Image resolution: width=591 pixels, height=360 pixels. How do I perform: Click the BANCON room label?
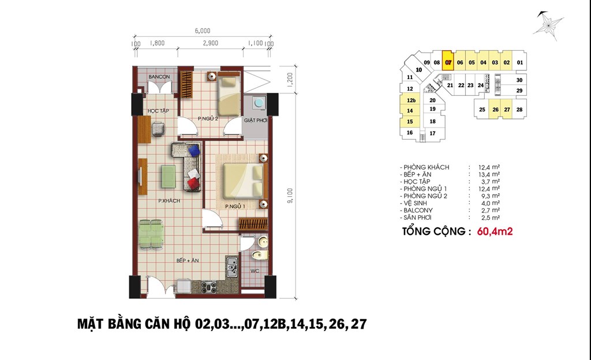pos(159,77)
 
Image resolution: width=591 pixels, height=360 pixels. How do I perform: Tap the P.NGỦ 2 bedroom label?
pos(208,119)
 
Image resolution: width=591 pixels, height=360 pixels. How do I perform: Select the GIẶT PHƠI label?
pos(256,120)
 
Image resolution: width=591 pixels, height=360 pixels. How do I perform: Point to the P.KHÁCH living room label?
pos(169,201)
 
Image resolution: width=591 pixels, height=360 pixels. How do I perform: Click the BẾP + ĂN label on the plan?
pos(188,260)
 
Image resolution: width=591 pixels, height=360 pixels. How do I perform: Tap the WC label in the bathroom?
pos(255,271)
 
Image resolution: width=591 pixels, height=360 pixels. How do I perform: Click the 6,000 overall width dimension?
pos(203,31)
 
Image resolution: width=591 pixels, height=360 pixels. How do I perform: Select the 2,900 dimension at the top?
pos(210,43)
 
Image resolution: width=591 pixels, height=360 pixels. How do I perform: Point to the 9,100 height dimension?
pos(290,196)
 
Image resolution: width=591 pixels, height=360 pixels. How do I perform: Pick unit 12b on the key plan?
pos(411,100)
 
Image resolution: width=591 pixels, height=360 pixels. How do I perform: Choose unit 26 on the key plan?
pos(495,110)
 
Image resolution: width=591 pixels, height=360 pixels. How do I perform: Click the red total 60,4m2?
pos(495,231)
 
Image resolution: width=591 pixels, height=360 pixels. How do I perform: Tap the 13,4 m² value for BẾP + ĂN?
pos(489,174)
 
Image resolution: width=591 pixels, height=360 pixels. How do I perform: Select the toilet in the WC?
pos(260,256)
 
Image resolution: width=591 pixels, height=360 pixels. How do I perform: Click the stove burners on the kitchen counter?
pos(209,287)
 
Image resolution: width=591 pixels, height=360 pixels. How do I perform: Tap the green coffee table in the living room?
pos(169,177)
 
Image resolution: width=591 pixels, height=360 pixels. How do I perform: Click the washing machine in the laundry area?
pos(259,103)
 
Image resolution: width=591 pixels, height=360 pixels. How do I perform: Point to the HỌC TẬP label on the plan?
pos(158,111)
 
